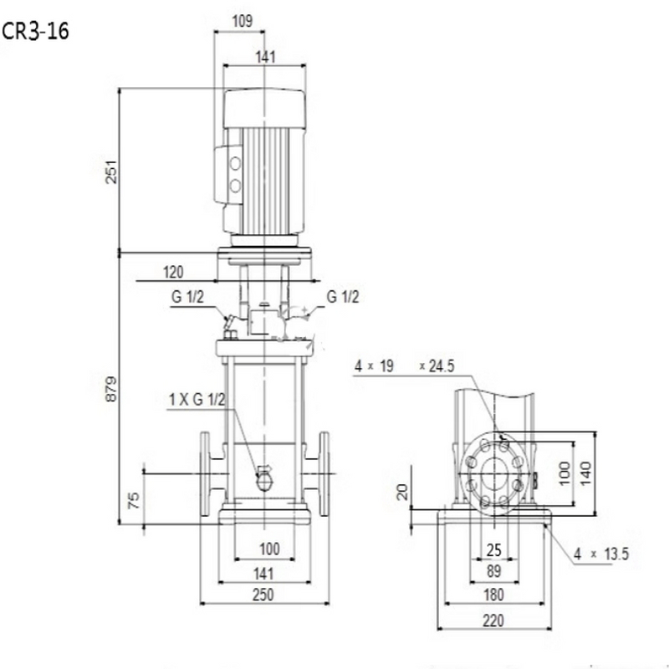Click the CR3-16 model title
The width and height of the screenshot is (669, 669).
click(35, 31)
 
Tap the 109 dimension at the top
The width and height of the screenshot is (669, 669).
click(243, 21)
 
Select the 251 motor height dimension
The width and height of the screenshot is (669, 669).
click(111, 172)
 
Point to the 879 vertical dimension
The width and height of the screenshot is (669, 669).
click(111, 389)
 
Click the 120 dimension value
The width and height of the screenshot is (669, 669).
click(173, 272)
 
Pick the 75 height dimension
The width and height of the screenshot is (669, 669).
click(134, 500)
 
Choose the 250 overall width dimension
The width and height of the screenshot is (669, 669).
click(263, 595)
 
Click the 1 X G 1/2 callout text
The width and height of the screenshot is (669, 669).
click(197, 400)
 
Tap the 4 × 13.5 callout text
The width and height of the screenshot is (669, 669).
click(601, 554)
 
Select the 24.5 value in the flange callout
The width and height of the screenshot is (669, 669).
click(442, 366)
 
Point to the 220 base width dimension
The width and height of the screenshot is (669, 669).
click(493, 620)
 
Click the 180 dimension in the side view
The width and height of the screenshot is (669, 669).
click(493, 595)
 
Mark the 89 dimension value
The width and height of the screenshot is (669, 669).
click(493, 571)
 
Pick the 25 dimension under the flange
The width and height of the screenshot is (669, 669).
click(493, 550)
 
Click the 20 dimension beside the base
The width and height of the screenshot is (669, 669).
click(403, 492)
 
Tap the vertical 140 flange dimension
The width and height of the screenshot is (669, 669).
click(586, 472)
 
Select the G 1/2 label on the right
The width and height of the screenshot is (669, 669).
click(343, 297)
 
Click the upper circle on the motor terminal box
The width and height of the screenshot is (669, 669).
click(235, 163)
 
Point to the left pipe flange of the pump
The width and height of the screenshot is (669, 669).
click(205, 474)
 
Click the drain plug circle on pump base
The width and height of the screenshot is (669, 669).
click(264, 482)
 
